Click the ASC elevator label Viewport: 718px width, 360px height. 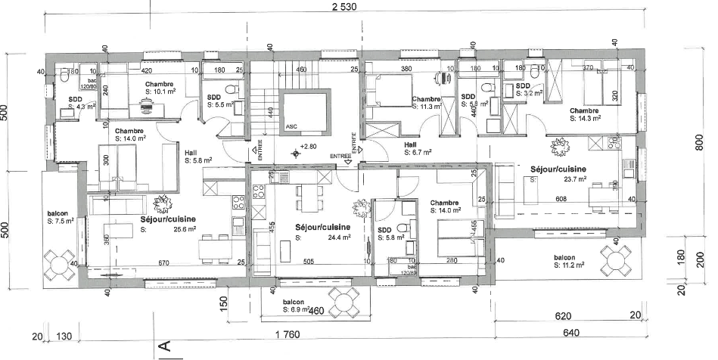pos(291,127)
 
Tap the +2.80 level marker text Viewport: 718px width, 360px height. pos(309,146)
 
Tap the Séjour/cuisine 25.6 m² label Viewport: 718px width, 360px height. pos(168,224)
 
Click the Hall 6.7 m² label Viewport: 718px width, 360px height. pos(418,148)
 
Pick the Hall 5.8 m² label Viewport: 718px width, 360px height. pos(197,156)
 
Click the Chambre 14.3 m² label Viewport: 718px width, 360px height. pos(586,114)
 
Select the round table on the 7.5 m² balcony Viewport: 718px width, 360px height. pos(58,264)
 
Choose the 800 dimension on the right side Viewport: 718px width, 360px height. pos(698,142)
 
